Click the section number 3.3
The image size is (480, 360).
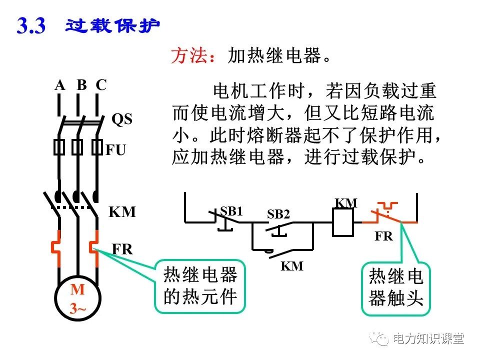[x=31, y=26]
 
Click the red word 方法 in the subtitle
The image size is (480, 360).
[x=188, y=56]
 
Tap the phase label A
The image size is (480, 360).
[x=60, y=85]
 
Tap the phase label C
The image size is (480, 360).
[x=101, y=85]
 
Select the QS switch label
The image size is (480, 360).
[x=121, y=119]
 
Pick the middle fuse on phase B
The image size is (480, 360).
[x=77, y=147]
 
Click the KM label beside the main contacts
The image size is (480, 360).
[x=122, y=212]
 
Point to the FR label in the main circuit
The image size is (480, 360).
[x=122, y=249]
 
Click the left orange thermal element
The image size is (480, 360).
[x=58, y=246]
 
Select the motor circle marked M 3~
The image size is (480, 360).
[x=77, y=299]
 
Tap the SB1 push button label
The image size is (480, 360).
[x=231, y=211]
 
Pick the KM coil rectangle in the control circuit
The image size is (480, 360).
[x=343, y=221]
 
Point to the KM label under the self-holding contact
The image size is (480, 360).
[x=291, y=266]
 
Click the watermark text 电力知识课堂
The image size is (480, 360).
[x=428, y=338]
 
